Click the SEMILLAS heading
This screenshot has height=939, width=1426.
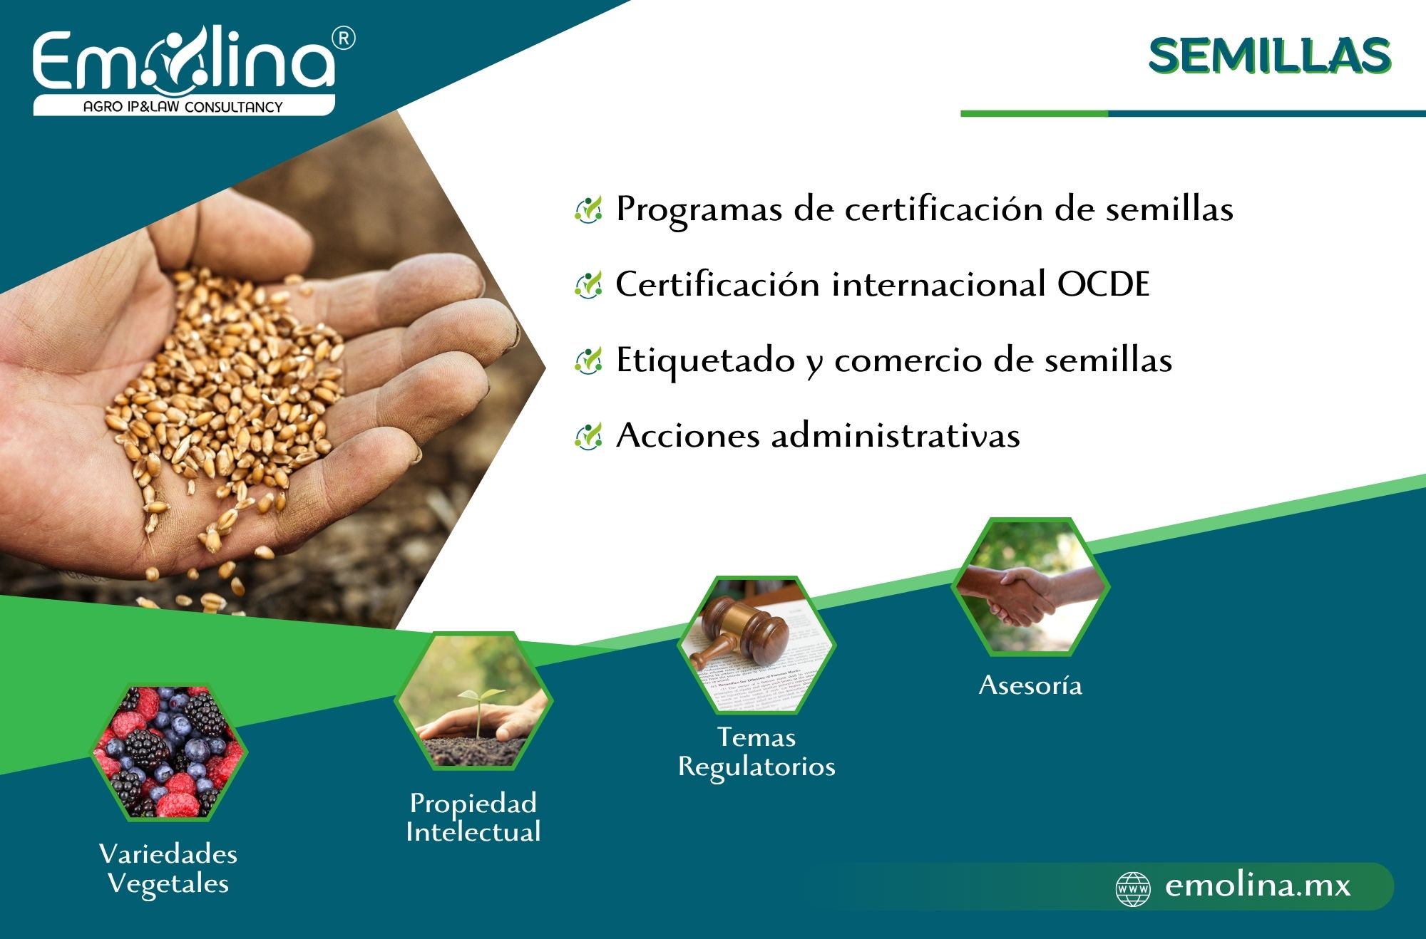click(x=1269, y=56)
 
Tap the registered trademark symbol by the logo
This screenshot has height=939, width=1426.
click(x=344, y=38)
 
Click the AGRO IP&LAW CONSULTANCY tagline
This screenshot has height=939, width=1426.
click(x=183, y=107)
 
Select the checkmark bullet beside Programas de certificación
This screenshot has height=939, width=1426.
click(x=588, y=209)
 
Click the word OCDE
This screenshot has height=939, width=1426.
click(x=1103, y=284)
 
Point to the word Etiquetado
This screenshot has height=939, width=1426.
click(x=705, y=360)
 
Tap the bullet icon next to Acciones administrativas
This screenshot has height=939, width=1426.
click(x=588, y=436)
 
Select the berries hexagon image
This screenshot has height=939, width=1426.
click(x=169, y=752)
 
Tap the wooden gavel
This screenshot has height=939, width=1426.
click(x=742, y=628)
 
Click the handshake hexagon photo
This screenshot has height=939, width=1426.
click(x=1030, y=586)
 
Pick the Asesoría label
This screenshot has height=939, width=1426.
click(x=1030, y=685)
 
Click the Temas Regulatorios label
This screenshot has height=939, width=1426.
click(x=756, y=752)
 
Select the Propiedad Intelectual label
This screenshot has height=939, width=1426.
click(x=473, y=817)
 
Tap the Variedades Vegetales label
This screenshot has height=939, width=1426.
click(x=168, y=868)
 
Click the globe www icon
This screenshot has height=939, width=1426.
click(x=1133, y=888)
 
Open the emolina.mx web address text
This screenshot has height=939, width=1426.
click(x=1258, y=886)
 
